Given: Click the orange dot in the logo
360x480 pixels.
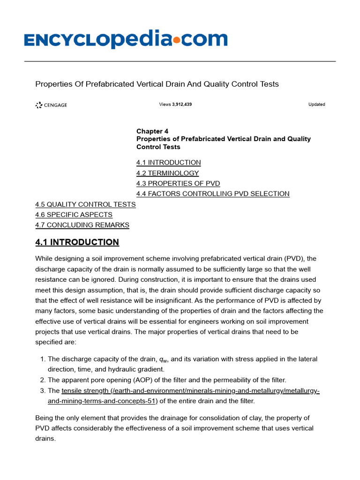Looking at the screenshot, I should [176, 41].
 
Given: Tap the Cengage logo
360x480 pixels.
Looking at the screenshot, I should [51, 105].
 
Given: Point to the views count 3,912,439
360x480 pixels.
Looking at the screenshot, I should [181, 105].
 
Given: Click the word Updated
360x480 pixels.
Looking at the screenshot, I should [316, 105].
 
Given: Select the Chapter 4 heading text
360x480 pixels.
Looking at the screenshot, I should [152, 131].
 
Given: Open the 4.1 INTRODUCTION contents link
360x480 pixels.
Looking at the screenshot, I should [168, 163].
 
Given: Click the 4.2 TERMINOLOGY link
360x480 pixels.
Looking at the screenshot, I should [167, 173].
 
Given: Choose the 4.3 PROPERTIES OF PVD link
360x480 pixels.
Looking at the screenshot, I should [178, 183].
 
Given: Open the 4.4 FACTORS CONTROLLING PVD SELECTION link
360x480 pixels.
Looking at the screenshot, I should [213, 194].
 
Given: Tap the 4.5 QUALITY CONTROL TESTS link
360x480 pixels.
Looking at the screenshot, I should [85, 204].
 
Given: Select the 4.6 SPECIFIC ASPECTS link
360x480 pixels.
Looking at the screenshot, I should [74, 215].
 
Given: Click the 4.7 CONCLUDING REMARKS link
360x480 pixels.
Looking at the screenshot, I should [82, 225].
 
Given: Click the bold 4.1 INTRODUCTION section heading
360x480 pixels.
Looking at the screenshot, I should [77, 242].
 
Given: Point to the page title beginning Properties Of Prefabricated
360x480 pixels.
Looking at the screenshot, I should [157, 84].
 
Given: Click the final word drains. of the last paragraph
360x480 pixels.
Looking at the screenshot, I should [45, 439].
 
